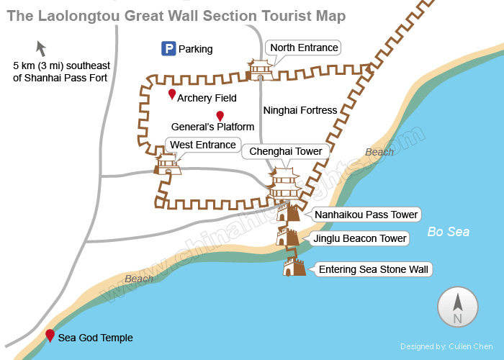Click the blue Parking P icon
(168, 49)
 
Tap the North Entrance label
(303, 48)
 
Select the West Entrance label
(202, 145)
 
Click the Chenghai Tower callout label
(286, 151)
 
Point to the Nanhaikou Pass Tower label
(366, 215)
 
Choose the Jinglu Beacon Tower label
(360, 238)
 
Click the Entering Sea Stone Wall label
(374, 270)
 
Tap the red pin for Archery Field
(172, 94)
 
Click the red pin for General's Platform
(220, 116)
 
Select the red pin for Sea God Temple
(50, 335)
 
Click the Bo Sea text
(448, 232)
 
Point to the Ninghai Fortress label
(300, 110)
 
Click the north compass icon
(457, 307)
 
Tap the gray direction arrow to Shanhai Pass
(41, 49)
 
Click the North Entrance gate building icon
(259, 70)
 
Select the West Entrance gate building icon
(168, 165)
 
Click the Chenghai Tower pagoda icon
(285, 186)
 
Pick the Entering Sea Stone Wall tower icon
(294, 267)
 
